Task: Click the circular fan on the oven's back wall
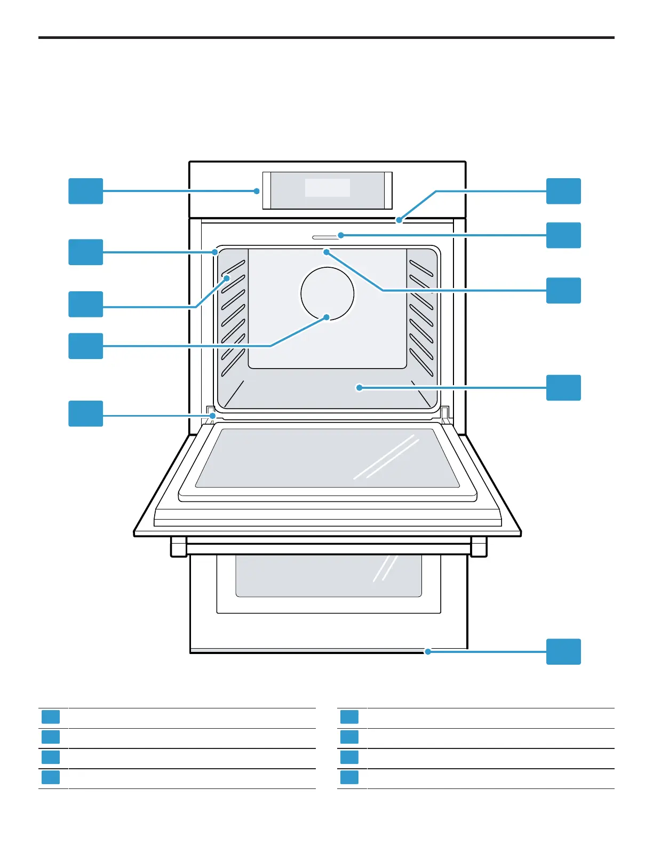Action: click(x=327, y=293)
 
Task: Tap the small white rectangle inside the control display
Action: click(x=327, y=188)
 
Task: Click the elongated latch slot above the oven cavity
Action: click(x=325, y=236)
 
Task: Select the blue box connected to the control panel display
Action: click(x=85, y=191)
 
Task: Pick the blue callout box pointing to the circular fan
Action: click(x=85, y=346)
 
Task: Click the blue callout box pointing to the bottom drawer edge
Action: click(x=563, y=651)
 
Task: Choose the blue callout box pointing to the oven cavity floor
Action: click(x=563, y=388)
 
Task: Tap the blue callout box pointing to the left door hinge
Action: click(x=85, y=413)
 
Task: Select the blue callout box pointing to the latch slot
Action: click(x=563, y=235)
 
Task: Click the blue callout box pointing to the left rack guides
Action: click(x=85, y=304)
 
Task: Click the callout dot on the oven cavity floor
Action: click(x=359, y=388)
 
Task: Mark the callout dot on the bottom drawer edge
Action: click(x=427, y=651)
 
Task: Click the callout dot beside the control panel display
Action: click(x=257, y=191)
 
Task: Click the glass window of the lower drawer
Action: click(x=328, y=576)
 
